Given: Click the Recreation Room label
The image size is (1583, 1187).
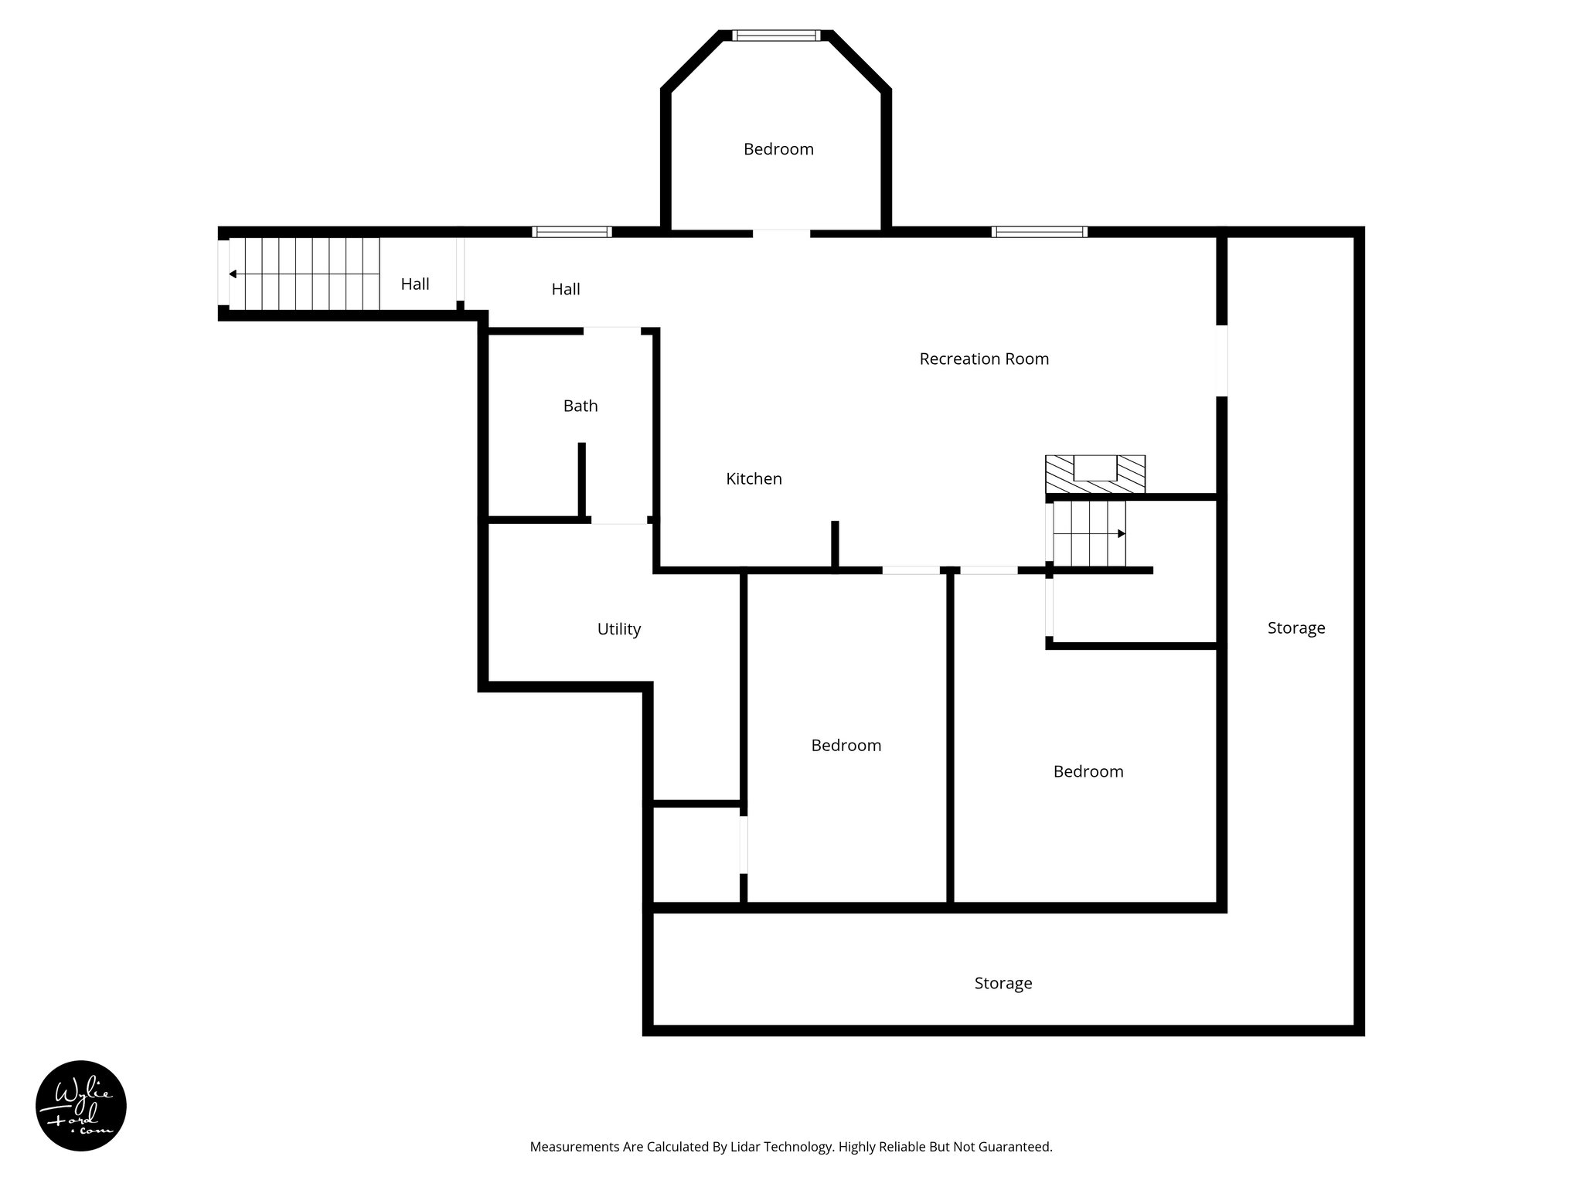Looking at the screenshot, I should click(983, 359).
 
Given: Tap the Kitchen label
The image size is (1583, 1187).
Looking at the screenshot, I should click(754, 479).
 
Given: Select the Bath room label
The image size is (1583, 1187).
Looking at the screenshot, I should click(580, 406).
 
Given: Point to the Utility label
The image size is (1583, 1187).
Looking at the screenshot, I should click(618, 629).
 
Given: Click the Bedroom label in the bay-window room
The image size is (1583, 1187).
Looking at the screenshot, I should click(778, 149).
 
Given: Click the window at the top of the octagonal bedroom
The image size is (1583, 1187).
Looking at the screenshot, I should click(775, 36).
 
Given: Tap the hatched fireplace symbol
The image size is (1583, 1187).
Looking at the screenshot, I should click(1094, 474).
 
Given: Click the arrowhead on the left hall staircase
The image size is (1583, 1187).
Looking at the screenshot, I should click(233, 274).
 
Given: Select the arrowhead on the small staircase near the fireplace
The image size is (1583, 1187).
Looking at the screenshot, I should click(1121, 533).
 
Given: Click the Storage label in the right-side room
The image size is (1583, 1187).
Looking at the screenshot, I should click(1295, 628).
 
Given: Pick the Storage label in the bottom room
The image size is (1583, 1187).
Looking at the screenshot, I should click(1003, 983).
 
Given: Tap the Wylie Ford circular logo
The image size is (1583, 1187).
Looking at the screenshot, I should click(81, 1106).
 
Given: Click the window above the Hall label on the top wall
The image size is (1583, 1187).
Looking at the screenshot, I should click(572, 232).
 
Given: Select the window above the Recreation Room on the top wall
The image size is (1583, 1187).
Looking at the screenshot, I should click(1039, 232).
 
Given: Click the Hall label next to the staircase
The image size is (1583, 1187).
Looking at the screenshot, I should click(415, 284).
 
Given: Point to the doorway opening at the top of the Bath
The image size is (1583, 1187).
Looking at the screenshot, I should click(611, 331).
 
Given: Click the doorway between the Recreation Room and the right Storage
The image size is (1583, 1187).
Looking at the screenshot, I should click(1221, 361).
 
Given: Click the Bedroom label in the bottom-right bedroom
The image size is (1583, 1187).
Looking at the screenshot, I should click(1088, 771).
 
